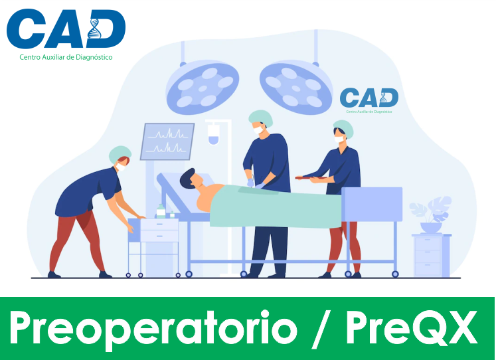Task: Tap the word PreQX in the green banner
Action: tap(412, 327)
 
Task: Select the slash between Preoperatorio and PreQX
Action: tap(321, 329)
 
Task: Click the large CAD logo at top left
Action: tap(66, 29)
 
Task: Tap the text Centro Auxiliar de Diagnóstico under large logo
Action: tap(66, 57)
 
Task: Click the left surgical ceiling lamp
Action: tap(202, 88)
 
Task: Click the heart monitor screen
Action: tap(167, 141)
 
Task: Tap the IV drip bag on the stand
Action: tap(214, 134)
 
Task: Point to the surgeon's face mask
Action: tap(258, 130)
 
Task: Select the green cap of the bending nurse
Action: tap(120, 153)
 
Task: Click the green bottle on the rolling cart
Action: tap(161, 211)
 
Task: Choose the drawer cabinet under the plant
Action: tap(432, 256)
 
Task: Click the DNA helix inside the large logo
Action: tap(94, 29)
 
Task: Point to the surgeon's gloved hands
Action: tap(256, 184)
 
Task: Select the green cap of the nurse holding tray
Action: tap(344, 128)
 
